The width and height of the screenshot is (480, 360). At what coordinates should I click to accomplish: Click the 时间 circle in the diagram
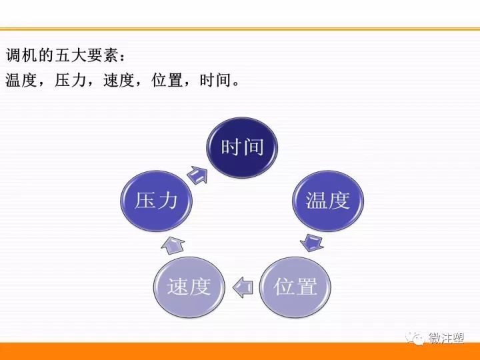tap(242, 147)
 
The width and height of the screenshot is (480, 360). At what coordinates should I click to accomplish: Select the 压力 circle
tap(156, 201)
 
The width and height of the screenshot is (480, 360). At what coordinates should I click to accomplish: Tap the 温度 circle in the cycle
tap(328, 201)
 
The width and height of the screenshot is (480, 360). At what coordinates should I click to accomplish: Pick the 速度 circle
tap(189, 287)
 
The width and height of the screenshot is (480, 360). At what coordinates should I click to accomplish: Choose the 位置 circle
tap(295, 287)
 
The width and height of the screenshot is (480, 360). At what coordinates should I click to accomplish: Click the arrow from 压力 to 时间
tap(197, 175)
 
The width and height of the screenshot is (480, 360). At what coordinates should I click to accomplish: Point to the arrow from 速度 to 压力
tap(173, 245)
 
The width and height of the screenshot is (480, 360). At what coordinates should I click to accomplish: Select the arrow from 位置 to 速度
tap(243, 287)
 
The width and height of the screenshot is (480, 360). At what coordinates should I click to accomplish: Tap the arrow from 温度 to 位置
tap(312, 243)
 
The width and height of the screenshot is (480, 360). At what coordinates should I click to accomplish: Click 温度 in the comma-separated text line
tap(21, 80)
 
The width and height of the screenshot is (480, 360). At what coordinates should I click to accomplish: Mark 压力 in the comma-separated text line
tap(70, 80)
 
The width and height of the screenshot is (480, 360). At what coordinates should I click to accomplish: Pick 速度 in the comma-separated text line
tap(119, 80)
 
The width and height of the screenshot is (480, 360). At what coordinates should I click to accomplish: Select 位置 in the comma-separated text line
tap(167, 80)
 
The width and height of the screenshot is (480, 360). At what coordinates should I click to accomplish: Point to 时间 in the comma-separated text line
tap(215, 80)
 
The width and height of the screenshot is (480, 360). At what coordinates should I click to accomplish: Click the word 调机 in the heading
tap(21, 55)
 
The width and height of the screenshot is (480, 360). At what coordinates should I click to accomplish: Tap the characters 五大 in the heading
tap(70, 55)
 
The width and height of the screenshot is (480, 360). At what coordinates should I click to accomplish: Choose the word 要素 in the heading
tap(102, 55)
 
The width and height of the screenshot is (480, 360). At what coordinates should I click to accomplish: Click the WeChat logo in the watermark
tap(415, 339)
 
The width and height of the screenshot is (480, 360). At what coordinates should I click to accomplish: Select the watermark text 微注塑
tap(446, 338)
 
